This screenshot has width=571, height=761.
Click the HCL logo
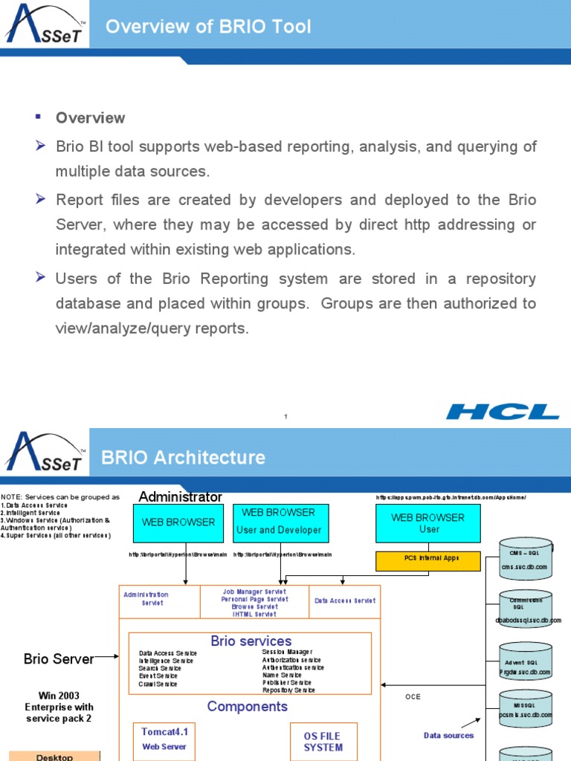click(x=503, y=411)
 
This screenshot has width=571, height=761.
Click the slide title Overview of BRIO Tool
click(x=208, y=27)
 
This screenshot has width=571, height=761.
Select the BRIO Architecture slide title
click(x=183, y=456)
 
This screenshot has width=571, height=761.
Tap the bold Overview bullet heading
click(x=90, y=118)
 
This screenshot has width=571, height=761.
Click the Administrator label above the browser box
click(x=180, y=496)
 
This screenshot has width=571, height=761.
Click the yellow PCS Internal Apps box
click(x=428, y=557)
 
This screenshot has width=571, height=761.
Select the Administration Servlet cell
click(x=146, y=599)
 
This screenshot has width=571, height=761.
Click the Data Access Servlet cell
click(x=344, y=600)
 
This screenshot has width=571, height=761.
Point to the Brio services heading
click(x=251, y=641)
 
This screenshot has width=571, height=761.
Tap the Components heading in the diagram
click(x=247, y=706)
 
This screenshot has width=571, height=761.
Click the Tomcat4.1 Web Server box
click(x=164, y=739)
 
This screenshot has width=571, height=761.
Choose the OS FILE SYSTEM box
click(x=323, y=741)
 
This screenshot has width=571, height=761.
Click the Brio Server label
click(x=59, y=659)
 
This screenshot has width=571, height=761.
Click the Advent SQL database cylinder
click(x=525, y=663)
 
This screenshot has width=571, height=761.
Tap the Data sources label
click(x=448, y=736)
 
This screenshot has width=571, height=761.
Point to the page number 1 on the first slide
click(x=285, y=417)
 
